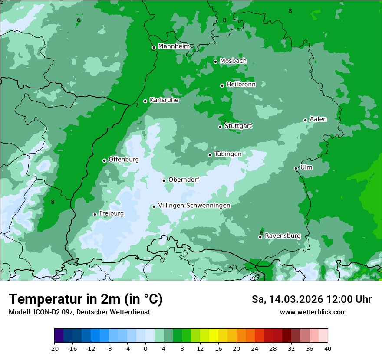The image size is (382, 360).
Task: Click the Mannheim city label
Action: pyautogui.click(x=174, y=46)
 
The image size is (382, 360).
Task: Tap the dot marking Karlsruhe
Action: pyautogui.click(x=145, y=101)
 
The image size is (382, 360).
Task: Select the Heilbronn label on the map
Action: pyautogui.click(x=241, y=84)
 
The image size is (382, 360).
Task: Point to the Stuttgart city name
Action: pyautogui.click(x=238, y=126)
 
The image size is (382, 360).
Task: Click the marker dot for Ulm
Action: pyautogui.click(x=296, y=168)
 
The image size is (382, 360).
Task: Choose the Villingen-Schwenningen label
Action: pyautogui.click(x=194, y=206)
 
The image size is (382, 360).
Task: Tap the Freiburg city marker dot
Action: pyautogui.click(x=95, y=214)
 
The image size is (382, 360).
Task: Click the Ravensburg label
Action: pyautogui.click(x=283, y=236)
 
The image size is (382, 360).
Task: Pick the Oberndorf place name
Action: pyautogui.click(x=184, y=180)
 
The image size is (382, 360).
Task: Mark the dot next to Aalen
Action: pyautogui.click(x=305, y=120)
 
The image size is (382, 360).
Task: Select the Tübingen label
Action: pyautogui.click(x=228, y=154)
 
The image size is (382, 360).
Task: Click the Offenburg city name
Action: pyautogui.click(x=124, y=160)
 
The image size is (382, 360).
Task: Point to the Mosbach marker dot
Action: pyautogui.click(x=215, y=62)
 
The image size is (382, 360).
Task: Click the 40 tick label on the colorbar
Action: pyautogui.click(x=327, y=348)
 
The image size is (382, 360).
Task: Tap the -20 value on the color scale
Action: pyautogui.click(x=54, y=348)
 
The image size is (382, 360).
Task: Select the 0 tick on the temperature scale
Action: pyautogui.click(x=145, y=348)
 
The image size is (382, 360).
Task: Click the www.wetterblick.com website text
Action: pyautogui.click(x=313, y=312)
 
